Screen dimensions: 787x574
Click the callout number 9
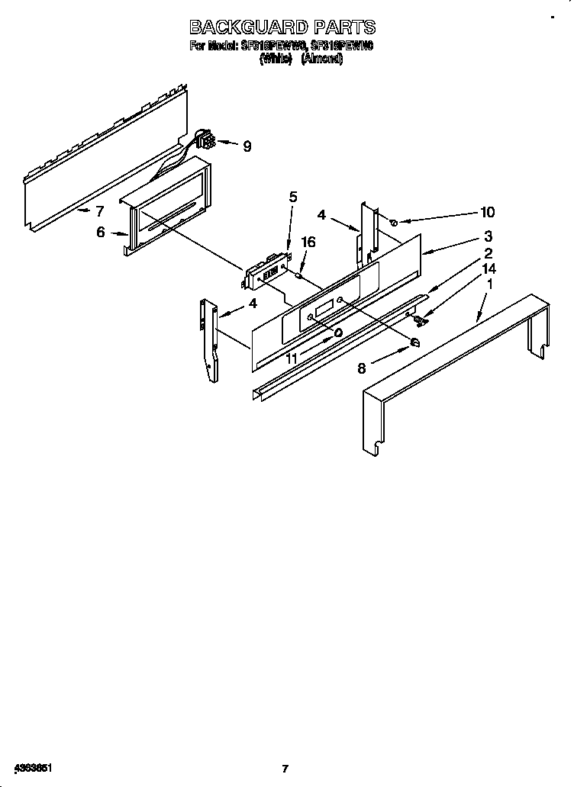(247, 147)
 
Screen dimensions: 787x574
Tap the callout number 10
(487, 213)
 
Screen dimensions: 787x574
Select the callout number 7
(98, 211)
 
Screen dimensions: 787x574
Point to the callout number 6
(100, 233)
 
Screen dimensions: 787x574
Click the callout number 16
(308, 242)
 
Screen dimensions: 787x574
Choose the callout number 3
(487, 236)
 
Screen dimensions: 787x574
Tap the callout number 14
(489, 268)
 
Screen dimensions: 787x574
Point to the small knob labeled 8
(416, 342)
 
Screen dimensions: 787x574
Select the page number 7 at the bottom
(284, 768)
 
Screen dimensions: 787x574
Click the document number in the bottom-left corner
(31, 766)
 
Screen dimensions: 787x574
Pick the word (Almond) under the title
(322, 59)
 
